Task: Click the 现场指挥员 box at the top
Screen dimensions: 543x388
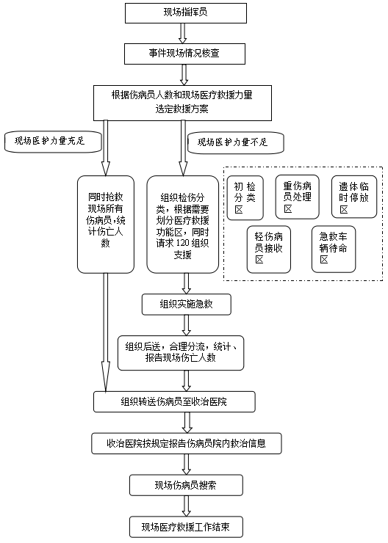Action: click(184, 12)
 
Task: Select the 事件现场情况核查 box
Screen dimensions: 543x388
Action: click(184, 54)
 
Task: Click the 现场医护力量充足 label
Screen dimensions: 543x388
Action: click(51, 142)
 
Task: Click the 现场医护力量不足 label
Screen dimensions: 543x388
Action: click(236, 142)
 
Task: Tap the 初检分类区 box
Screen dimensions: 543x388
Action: click(245, 197)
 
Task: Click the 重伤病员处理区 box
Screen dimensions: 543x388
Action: click(297, 197)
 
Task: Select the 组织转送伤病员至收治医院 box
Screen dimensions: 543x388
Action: click(175, 401)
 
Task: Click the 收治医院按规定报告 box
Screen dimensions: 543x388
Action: click(186, 443)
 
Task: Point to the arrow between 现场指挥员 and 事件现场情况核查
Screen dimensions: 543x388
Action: click(184, 34)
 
